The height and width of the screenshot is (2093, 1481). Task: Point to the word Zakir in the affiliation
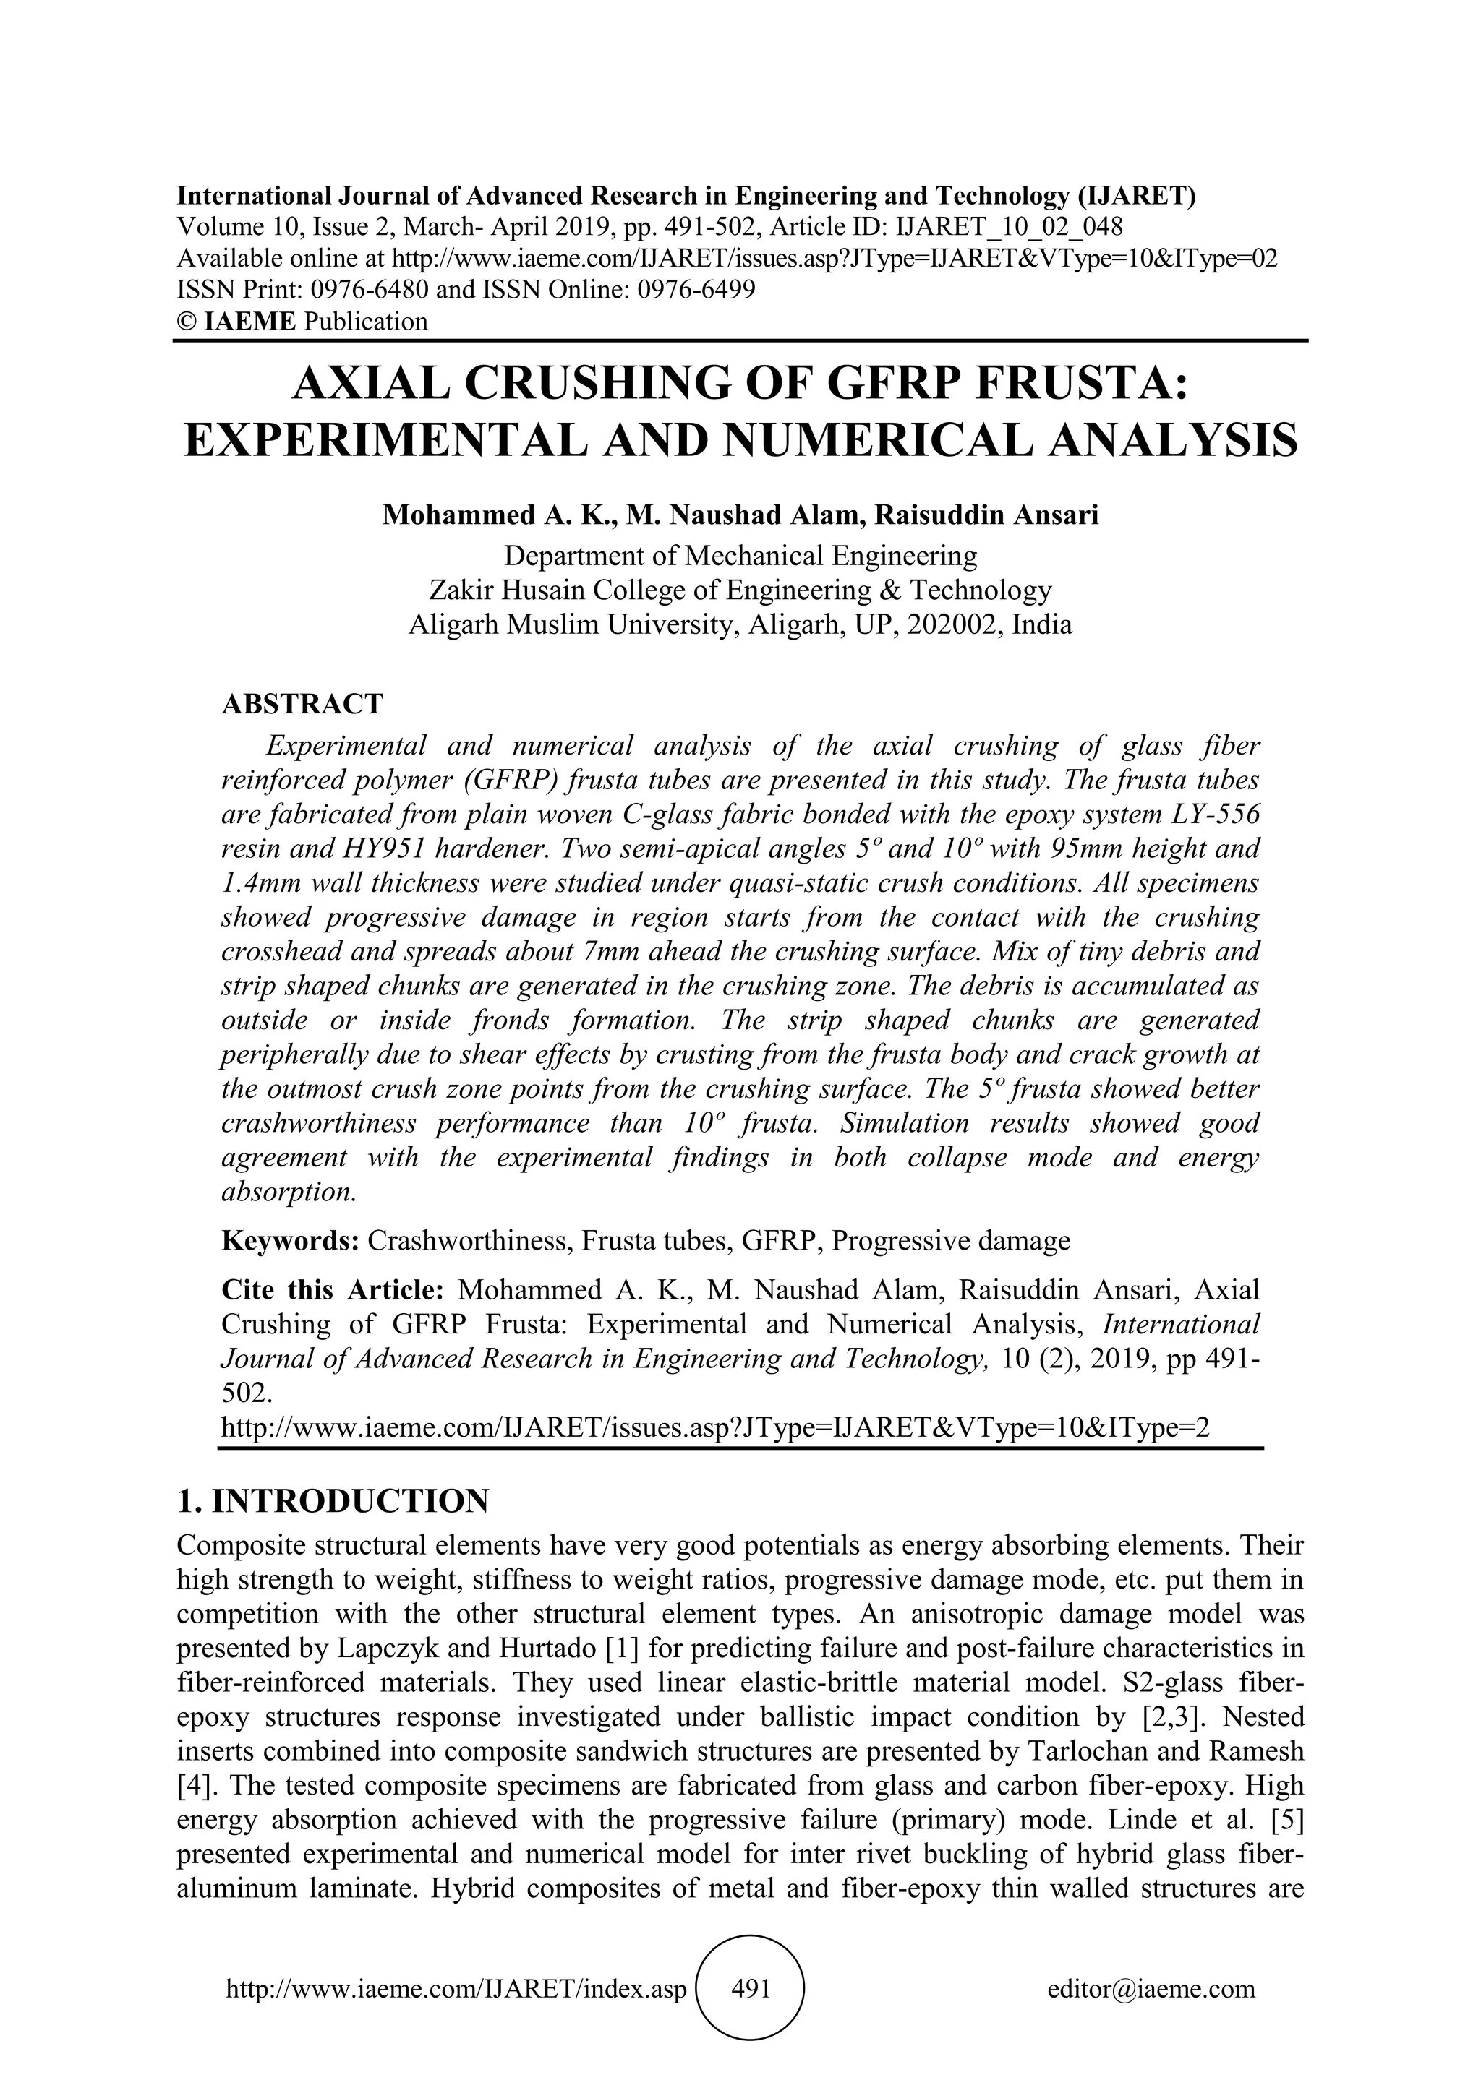[462, 590]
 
